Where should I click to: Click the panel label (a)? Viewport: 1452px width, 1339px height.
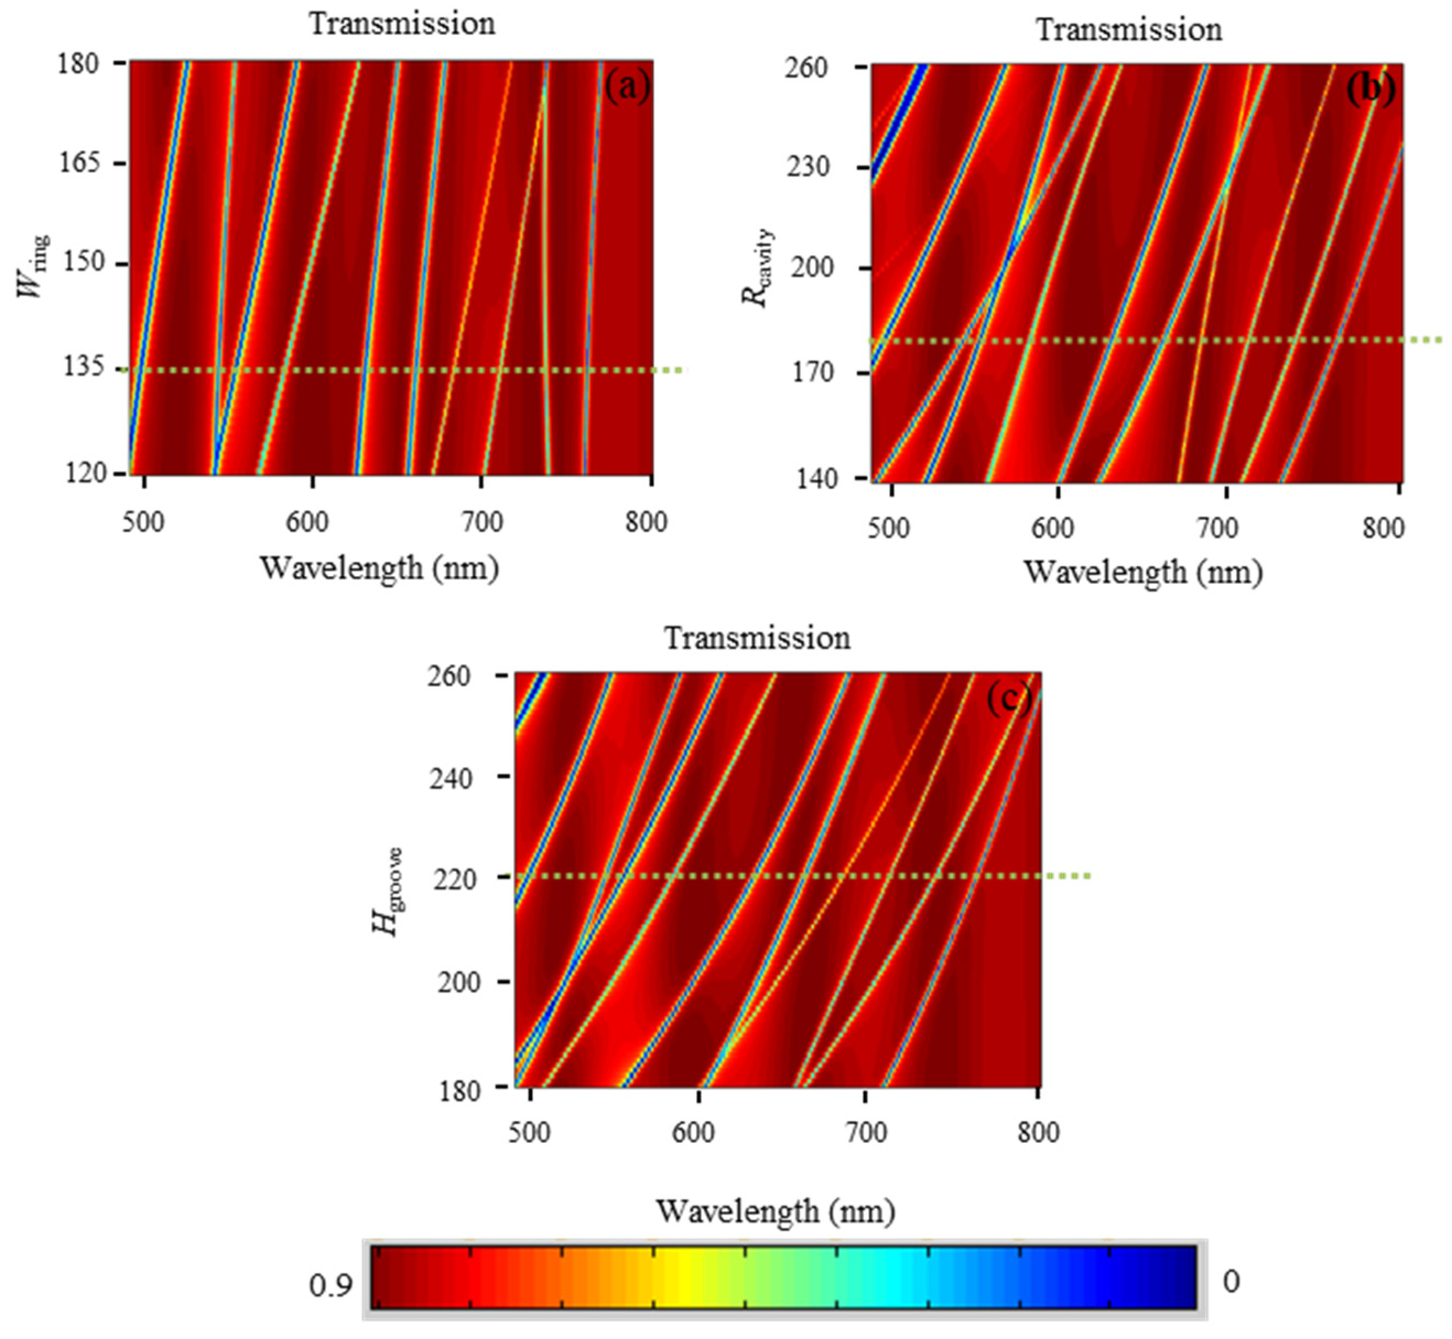(x=627, y=87)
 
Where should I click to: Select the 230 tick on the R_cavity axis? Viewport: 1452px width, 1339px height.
(x=808, y=167)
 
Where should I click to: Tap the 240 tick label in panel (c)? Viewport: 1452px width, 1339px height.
(x=451, y=779)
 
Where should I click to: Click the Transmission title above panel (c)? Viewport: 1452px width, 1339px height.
(x=758, y=638)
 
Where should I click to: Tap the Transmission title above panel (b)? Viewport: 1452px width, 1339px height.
(x=1129, y=30)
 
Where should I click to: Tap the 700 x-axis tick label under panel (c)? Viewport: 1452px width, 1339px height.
(x=866, y=1132)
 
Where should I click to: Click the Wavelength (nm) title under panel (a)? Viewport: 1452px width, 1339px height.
(x=379, y=568)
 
